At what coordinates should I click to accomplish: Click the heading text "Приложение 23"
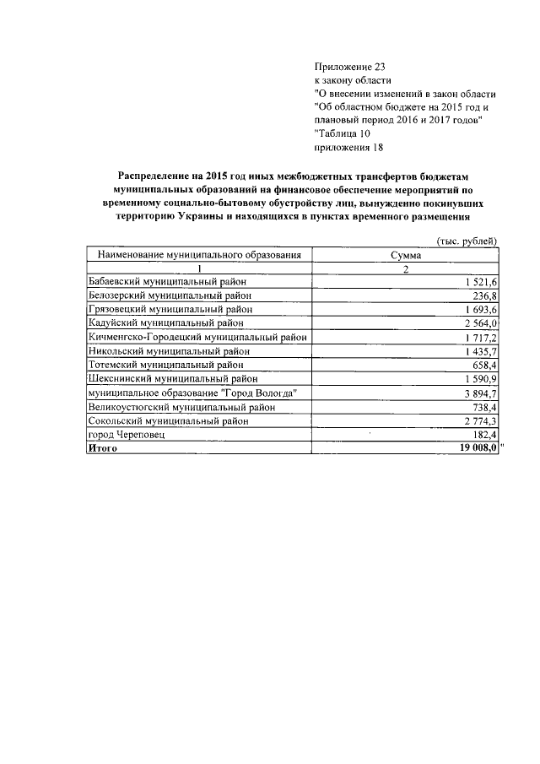click(x=348, y=66)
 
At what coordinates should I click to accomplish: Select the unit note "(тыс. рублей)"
click(x=466, y=241)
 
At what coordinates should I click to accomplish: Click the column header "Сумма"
click(x=406, y=255)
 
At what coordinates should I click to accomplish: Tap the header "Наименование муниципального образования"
click(x=199, y=255)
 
